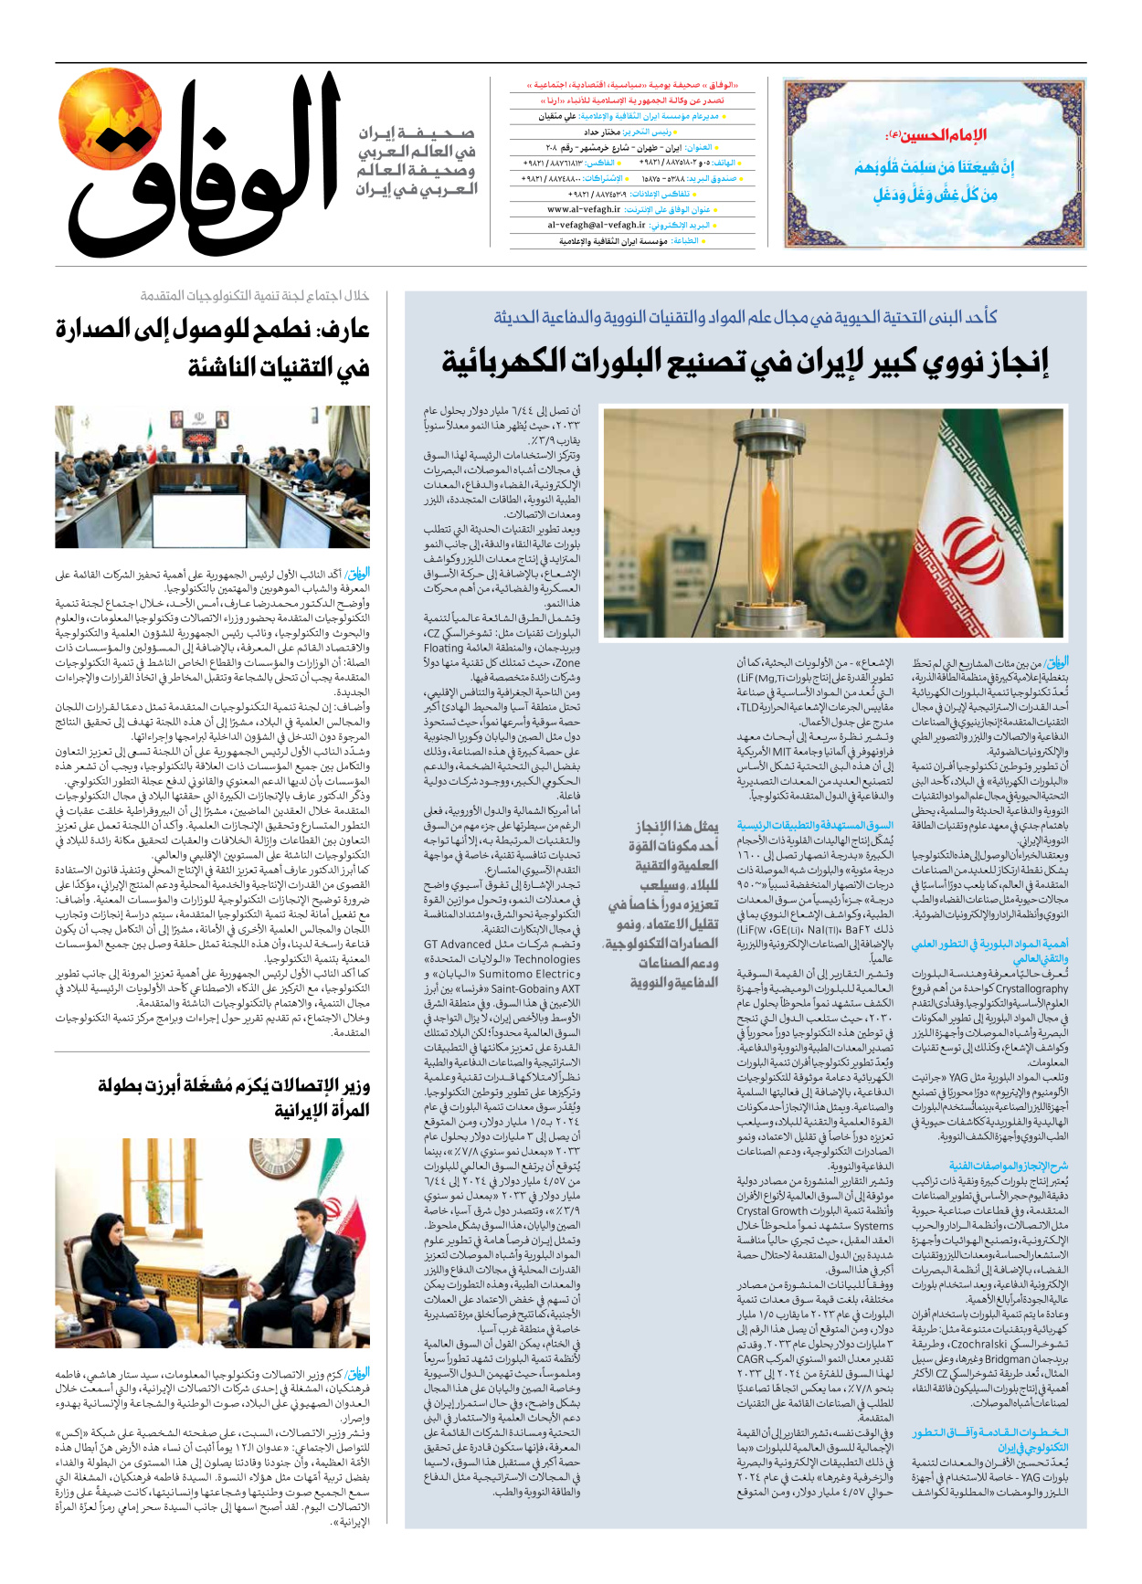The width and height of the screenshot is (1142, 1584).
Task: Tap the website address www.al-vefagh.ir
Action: (584, 209)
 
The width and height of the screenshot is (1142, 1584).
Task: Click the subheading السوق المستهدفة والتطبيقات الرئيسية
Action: (815, 825)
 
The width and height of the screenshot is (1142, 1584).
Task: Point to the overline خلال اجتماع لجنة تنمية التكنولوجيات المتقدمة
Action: (255, 295)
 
